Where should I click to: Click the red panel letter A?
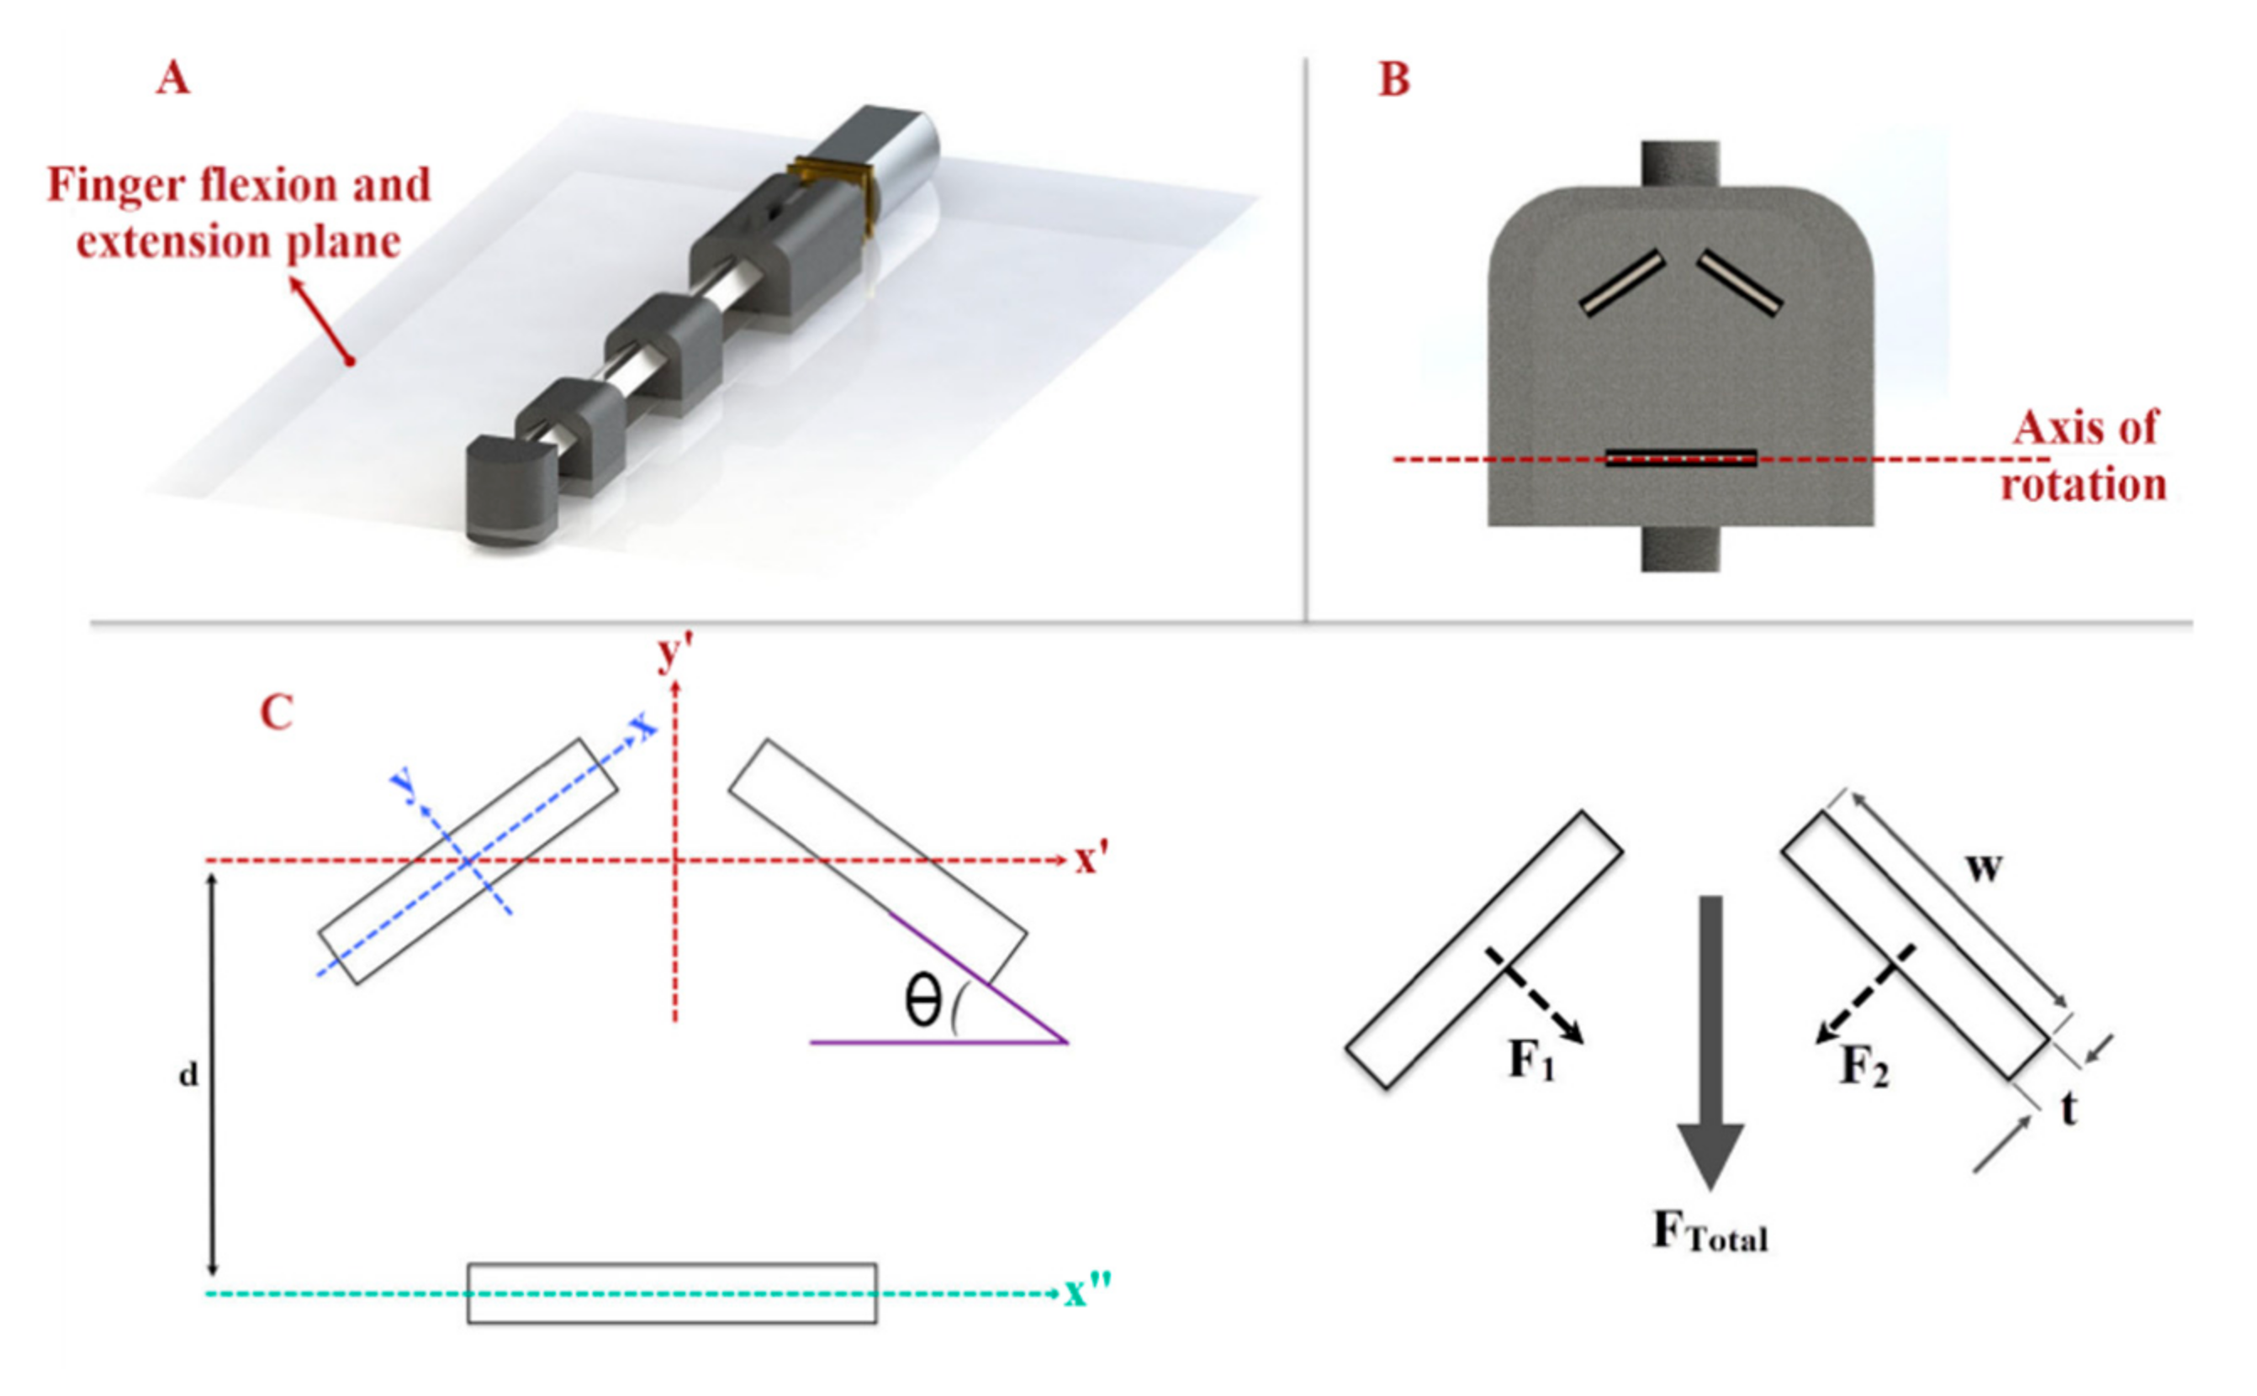click(x=172, y=77)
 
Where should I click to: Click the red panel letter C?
click(x=276, y=713)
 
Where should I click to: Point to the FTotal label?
click(x=1710, y=1233)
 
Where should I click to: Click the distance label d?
click(x=188, y=1075)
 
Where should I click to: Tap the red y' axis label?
click(x=675, y=653)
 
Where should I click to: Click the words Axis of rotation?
click(x=2084, y=456)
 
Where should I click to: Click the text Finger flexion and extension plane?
click(x=238, y=213)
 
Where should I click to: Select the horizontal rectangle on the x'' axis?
click(x=671, y=1293)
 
